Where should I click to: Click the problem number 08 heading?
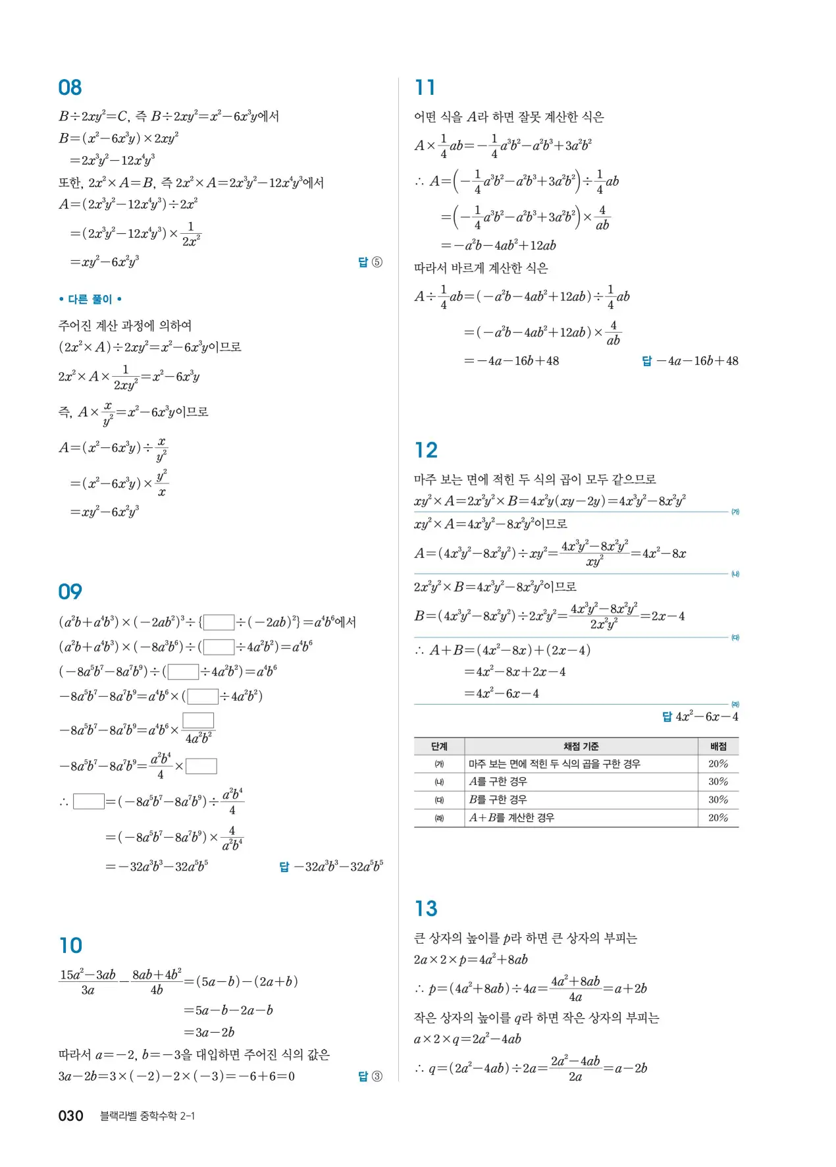coord(70,88)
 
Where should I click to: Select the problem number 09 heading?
coord(70,591)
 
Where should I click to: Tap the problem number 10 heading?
coord(70,946)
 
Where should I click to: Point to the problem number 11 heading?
coord(425,88)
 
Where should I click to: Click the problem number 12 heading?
coord(426,450)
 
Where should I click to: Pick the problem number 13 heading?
coord(426,909)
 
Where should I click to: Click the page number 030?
coord(70,1116)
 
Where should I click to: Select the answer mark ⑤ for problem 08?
coord(377,262)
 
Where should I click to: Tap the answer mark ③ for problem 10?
coord(377,1076)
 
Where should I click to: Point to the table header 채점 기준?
coord(581,746)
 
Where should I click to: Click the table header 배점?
coord(718,746)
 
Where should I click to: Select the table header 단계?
coord(439,746)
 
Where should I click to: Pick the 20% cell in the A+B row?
coord(718,817)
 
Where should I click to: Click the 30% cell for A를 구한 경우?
coord(718,782)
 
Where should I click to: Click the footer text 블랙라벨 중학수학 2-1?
coord(147,1116)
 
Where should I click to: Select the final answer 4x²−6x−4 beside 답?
coord(706,717)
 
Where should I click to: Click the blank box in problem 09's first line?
coord(219,622)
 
